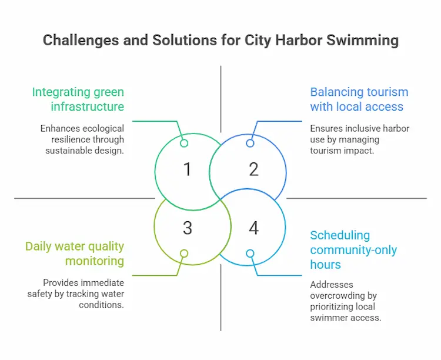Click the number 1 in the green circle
[188, 169]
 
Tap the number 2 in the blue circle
[253, 169]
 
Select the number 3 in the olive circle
[188, 228]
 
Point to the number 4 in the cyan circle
[253, 228]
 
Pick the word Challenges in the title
[81, 40]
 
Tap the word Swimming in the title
[363, 40]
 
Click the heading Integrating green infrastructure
[78, 99]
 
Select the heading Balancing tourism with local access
[359, 99]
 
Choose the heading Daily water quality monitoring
[75, 254]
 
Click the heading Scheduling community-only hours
[353, 250]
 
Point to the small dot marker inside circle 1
[184, 144]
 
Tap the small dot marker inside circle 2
[250, 144]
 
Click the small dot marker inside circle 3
[184, 254]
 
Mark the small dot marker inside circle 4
[250, 254]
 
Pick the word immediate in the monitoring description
[106, 282]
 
